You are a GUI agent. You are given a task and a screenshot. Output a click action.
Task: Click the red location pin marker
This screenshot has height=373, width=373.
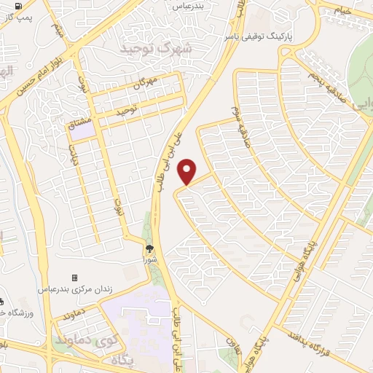click(x=188, y=171)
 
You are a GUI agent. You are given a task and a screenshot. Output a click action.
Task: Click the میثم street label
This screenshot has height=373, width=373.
click(x=58, y=28)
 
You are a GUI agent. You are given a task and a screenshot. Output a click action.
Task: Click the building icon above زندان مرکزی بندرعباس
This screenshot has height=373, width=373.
click(x=74, y=278)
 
